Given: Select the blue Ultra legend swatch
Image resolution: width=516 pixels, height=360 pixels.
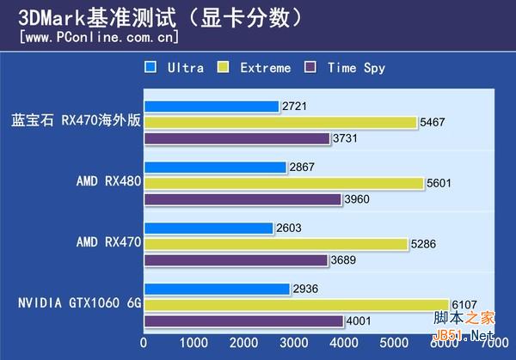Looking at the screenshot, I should point(150,67).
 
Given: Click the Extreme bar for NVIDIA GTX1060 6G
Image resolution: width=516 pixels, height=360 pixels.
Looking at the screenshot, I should point(296,305).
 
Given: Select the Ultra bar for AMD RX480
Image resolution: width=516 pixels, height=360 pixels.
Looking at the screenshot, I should point(215,168).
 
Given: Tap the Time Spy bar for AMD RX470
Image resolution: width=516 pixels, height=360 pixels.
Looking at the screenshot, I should point(236,260).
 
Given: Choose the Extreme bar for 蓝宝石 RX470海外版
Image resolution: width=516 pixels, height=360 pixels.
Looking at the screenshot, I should point(279,122).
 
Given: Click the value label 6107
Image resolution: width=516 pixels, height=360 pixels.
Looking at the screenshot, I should point(465,305).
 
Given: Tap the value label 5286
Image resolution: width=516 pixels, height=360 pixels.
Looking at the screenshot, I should point(424,245).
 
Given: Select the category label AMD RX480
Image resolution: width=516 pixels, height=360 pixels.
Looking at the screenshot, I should point(107,183).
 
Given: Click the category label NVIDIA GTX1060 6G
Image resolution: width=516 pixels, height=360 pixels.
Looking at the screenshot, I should point(77,303).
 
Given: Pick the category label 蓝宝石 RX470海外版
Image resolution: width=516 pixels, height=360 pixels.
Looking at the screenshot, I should point(76,122).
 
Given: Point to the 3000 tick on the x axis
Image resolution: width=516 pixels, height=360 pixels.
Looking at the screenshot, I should point(293,342).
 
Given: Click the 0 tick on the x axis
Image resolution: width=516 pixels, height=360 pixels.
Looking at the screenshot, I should point(144,342).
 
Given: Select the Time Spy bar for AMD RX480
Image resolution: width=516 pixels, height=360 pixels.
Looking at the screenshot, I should point(243,199).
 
